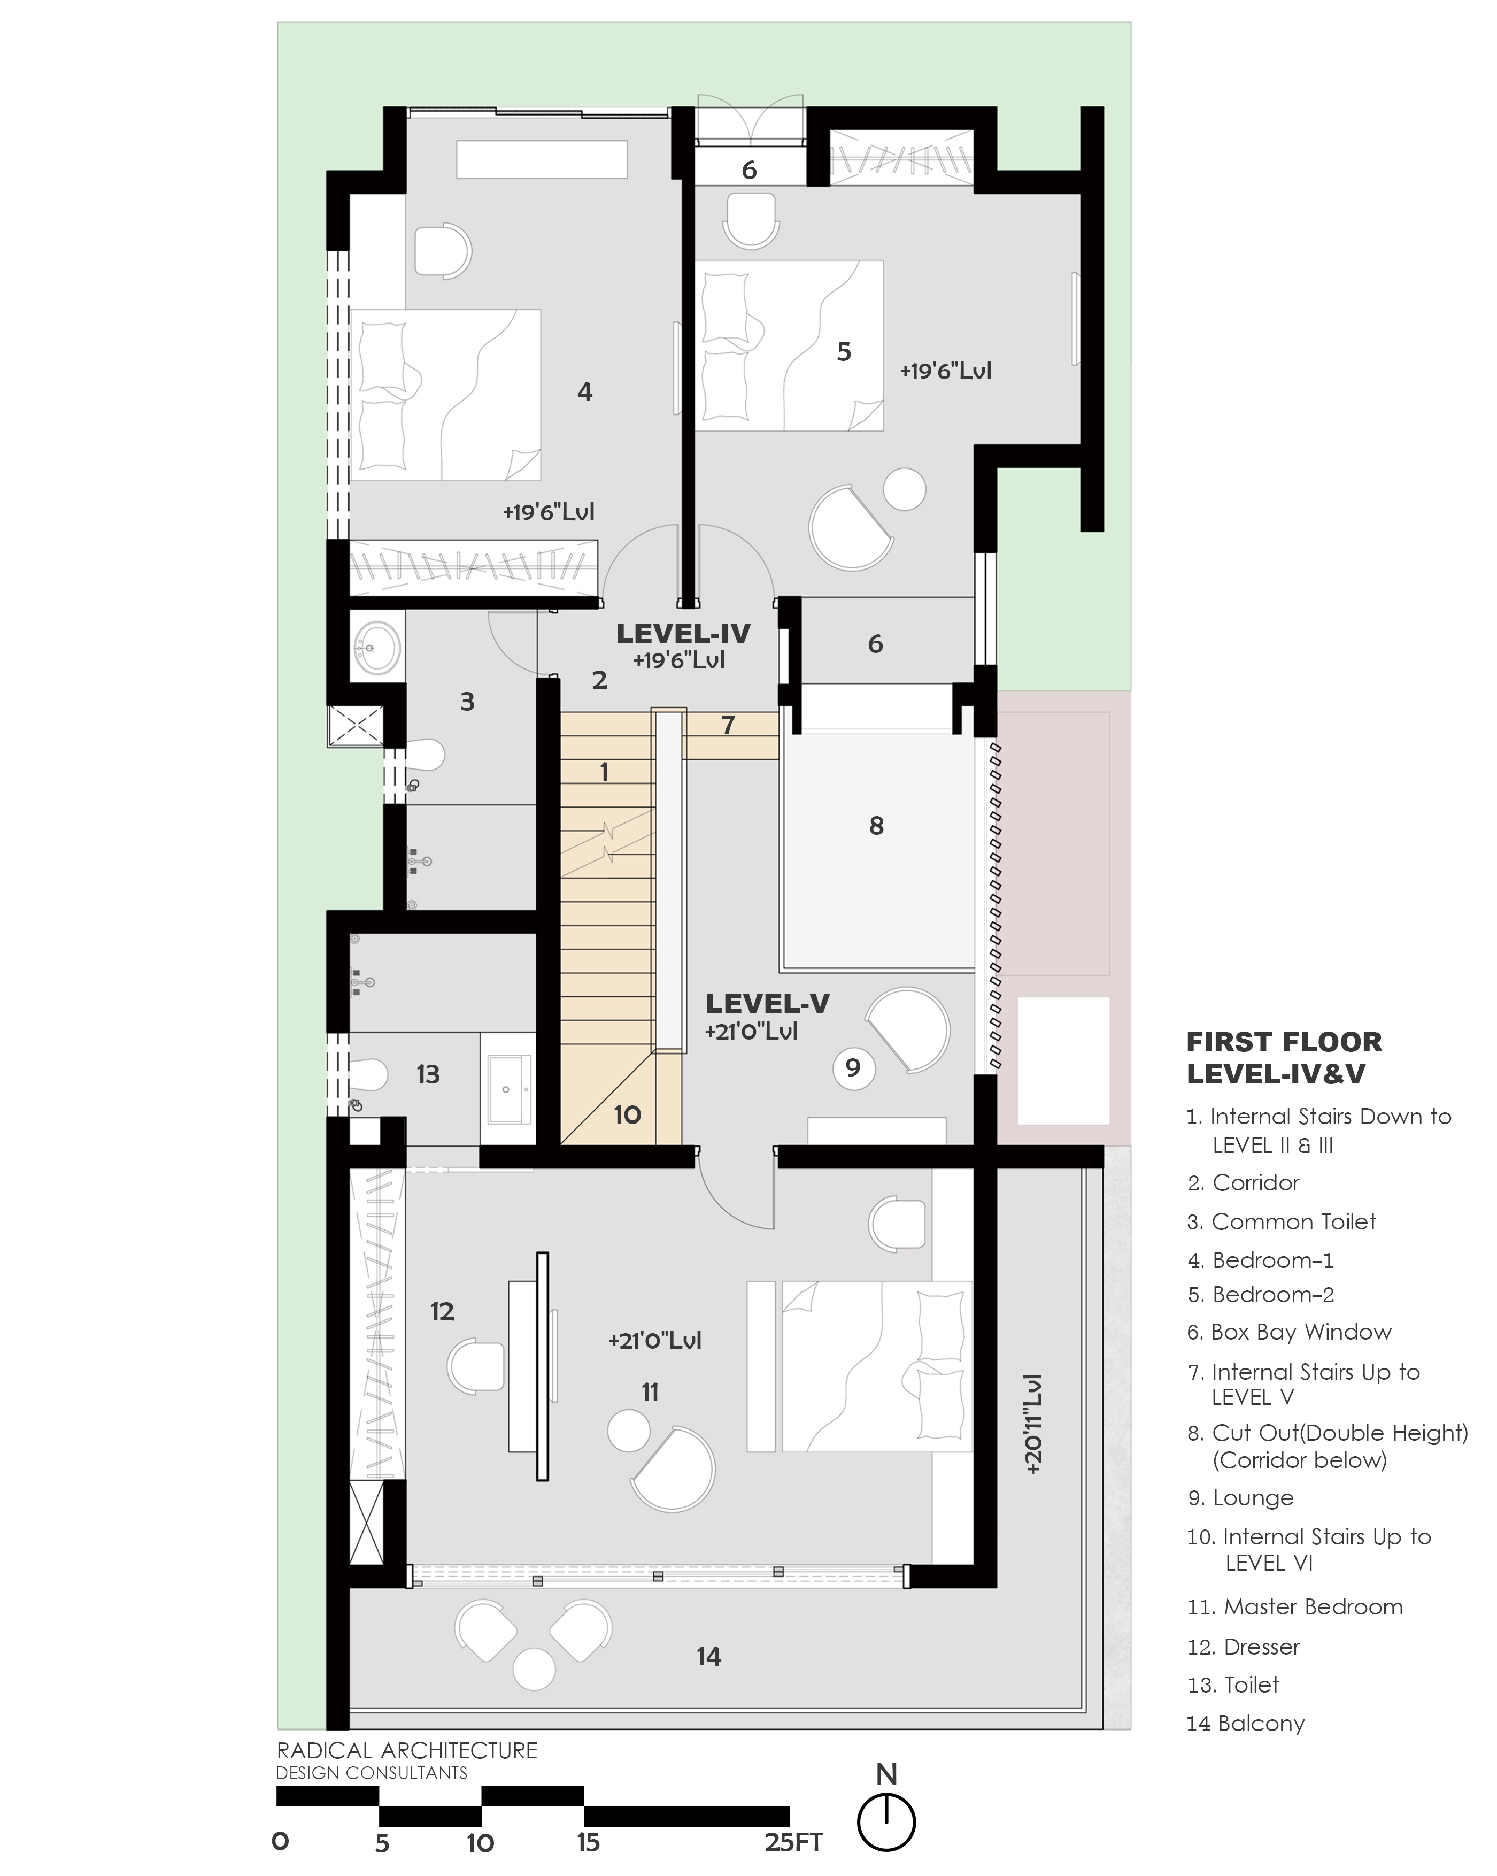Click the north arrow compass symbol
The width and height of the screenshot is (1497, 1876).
(886, 1821)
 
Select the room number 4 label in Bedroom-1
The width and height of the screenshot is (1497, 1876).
(584, 393)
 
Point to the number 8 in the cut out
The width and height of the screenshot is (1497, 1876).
(877, 826)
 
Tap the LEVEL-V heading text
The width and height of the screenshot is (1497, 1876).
(767, 1003)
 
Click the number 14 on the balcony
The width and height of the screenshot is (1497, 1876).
(709, 1657)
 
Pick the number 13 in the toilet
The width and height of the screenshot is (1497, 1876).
(428, 1074)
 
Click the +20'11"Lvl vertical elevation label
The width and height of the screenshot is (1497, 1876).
(1033, 1425)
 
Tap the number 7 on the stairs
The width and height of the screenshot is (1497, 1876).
(729, 724)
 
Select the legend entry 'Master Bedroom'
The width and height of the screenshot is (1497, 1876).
(1314, 1607)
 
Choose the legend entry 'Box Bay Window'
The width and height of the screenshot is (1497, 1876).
(1301, 1332)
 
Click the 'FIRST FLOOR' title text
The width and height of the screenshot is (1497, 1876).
(1284, 1042)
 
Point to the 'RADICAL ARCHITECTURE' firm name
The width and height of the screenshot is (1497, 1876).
(407, 1751)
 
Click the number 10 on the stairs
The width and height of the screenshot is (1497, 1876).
(627, 1114)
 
